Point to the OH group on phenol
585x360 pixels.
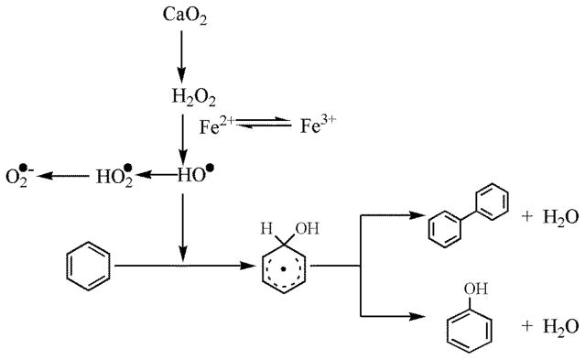pyautogui.click(x=469, y=289)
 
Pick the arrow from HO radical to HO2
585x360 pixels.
pyautogui.click(x=157, y=174)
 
